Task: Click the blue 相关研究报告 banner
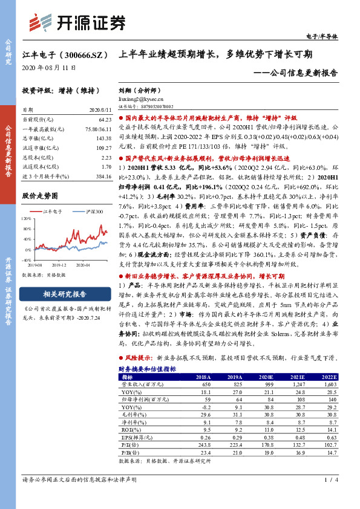(x=65, y=294)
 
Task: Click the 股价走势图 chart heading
(x=40, y=196)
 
